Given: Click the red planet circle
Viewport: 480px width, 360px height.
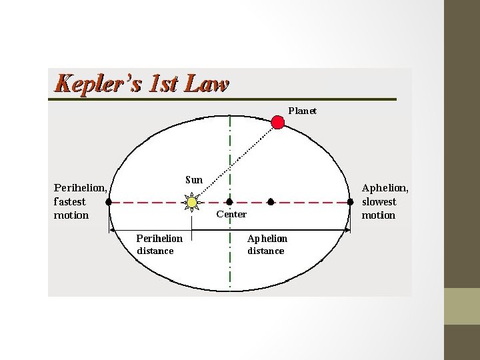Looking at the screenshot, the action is tap(278, 122).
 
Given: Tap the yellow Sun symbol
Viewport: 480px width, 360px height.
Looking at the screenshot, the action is tap(192, 201).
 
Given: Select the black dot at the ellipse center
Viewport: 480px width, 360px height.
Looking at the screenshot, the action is tap(229, 201).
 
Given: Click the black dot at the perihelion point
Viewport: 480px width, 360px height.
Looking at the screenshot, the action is tap(109, 201).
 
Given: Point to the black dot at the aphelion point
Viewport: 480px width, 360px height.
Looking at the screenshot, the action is tap(351, 201).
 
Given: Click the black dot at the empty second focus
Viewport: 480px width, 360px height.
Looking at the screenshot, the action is tap(270, 201).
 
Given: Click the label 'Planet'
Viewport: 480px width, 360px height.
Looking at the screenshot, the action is tap(302, 111).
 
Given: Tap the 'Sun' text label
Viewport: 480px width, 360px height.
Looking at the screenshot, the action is tap(194, 179).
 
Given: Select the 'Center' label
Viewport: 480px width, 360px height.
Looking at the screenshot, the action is tap(231, 214).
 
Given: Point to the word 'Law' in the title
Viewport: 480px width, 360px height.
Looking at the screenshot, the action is tap(209, 85).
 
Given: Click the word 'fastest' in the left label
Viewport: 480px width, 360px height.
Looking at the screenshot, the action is tap(70, 201).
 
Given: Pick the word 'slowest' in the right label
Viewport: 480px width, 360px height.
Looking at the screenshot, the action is tap(379, 201).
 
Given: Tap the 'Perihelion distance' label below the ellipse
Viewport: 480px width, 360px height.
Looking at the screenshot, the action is tap(159, 244).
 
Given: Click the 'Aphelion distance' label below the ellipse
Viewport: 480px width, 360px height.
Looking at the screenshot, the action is tap(267, 244).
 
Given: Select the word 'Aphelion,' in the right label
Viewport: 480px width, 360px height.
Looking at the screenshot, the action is tap(385, 188).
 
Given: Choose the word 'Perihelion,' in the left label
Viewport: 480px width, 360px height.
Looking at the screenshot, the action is tap(80, 188).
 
